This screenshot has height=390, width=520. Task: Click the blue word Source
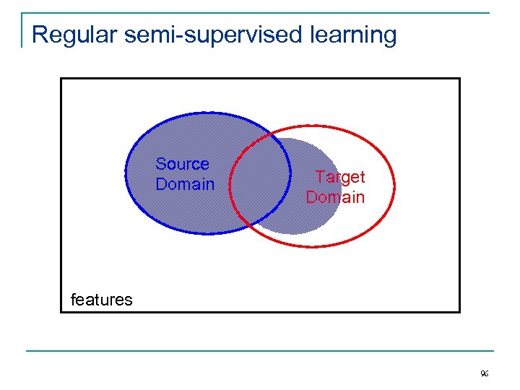tap(182, 164)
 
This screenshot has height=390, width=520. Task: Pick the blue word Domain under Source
tap(185, 184)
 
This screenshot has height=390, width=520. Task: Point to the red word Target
tap(341, 177)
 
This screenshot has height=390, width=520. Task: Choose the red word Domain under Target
tap(335, 197)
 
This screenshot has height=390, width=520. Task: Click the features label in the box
tap(101, 300)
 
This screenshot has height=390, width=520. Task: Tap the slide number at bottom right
tap(484, 374)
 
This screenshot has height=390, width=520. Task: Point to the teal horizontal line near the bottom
tap(260, 351)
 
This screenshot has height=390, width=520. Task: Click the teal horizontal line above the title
tap(260, 13)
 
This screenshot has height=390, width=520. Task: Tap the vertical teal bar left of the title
tap(22, 30)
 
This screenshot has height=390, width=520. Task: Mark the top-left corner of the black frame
tap(61, 78)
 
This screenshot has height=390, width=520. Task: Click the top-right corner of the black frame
tap(459, 78)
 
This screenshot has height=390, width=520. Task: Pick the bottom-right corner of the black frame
tap(459, 312)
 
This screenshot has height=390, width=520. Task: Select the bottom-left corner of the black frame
tap(61, 312)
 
